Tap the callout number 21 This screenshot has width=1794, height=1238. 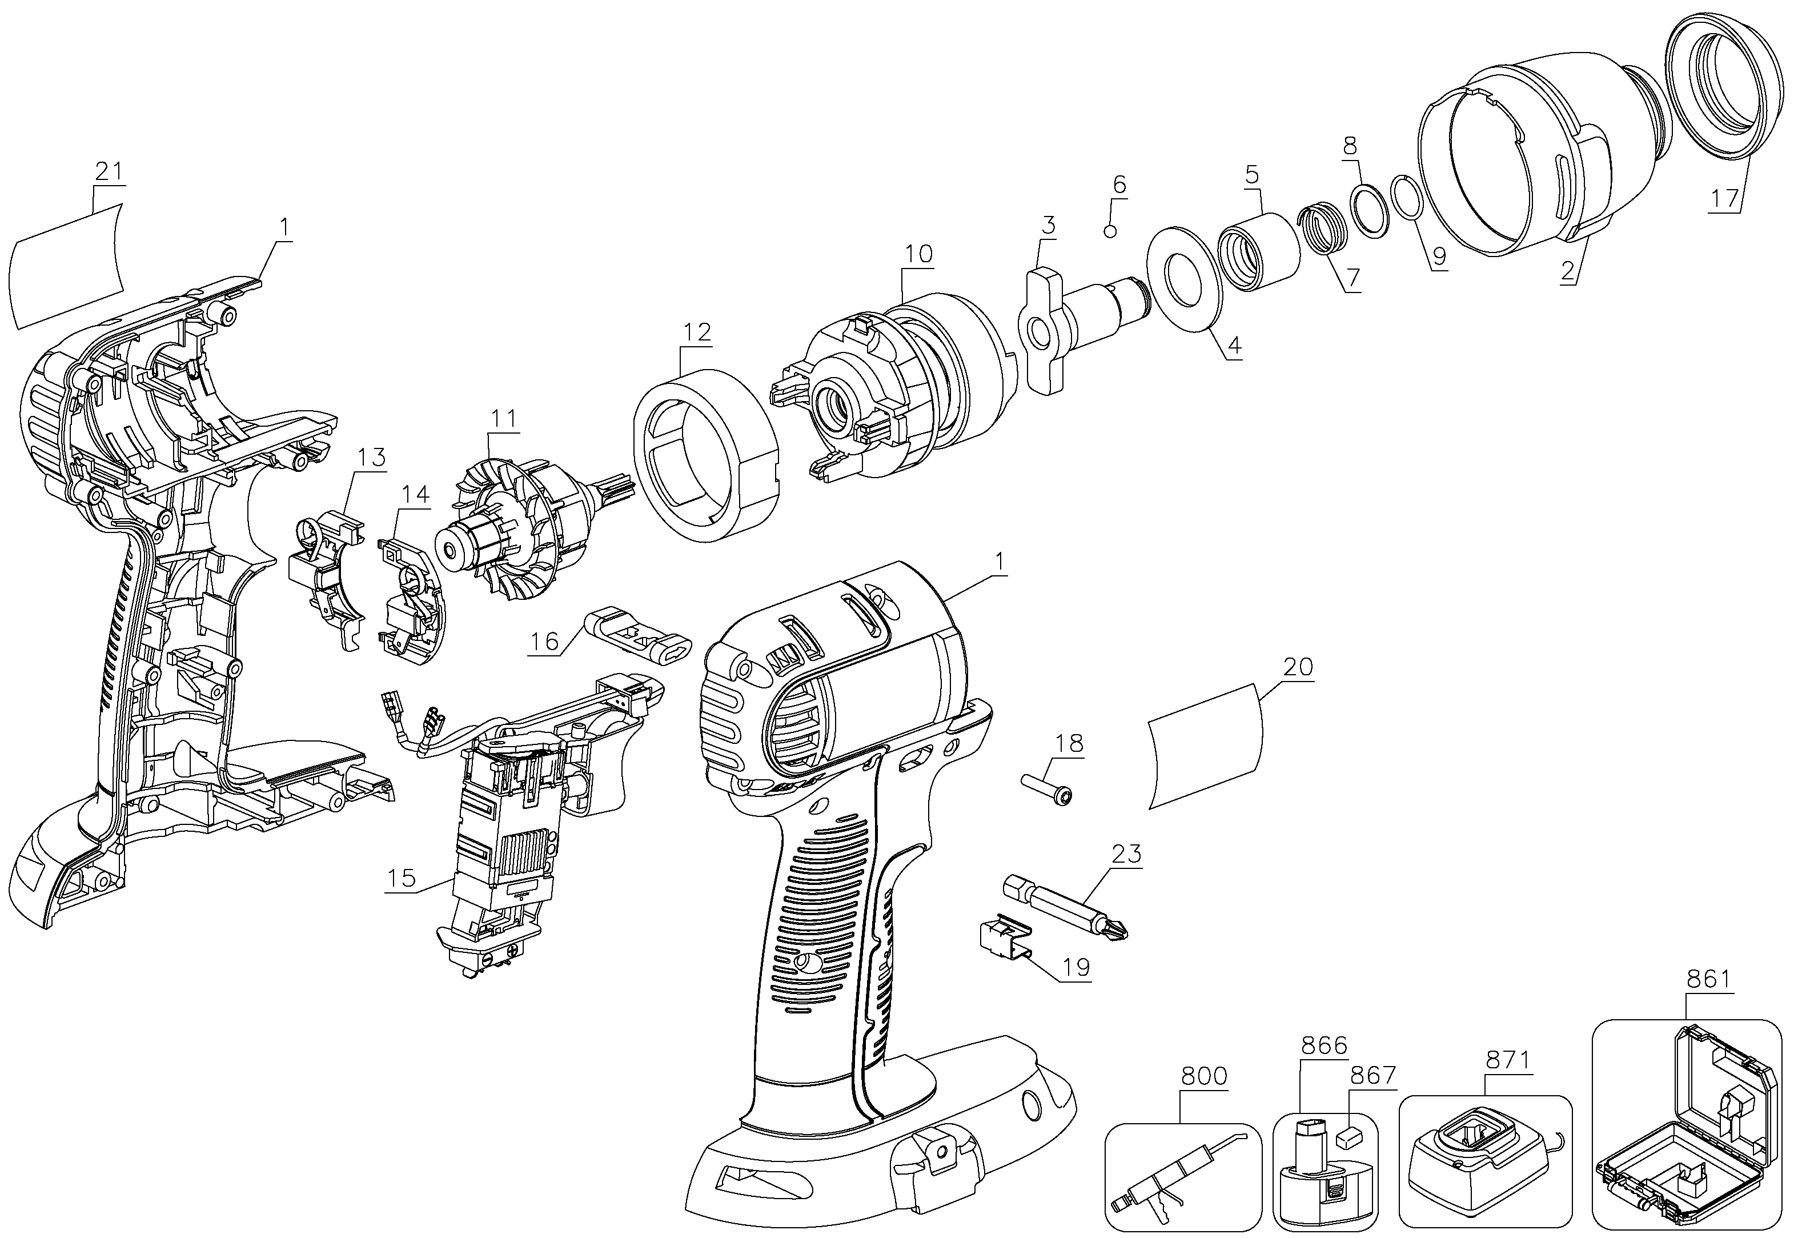click(x=109, y=171)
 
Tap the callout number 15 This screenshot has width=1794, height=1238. click(x=402, y=879)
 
